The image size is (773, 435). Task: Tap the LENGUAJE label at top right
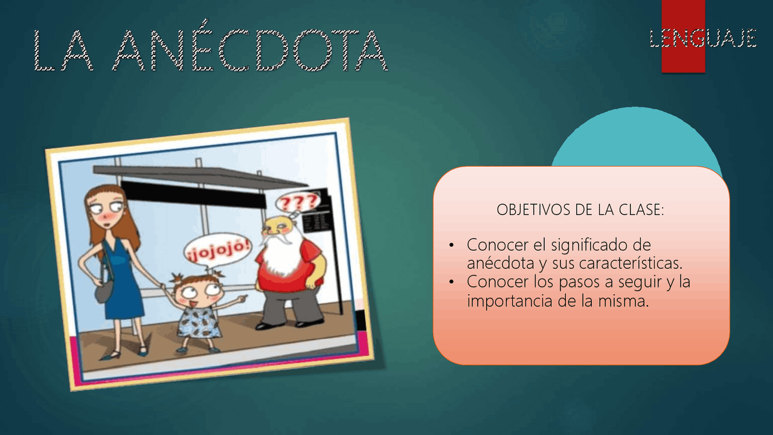pos(703,38)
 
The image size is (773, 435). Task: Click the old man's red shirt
pos(296,266)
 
